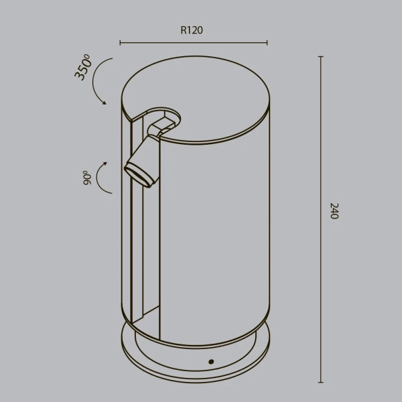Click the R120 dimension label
[192, 29]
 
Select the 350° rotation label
[84, 68]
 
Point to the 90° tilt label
[87, 177]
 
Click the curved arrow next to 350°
[97, 80]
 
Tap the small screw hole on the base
[211, 361]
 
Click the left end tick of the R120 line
[121, 44]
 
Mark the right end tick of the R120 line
[267, 44]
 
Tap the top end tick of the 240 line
[320, 57]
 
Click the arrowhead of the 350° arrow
[104, 102]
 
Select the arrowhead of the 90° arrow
[105, 163]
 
